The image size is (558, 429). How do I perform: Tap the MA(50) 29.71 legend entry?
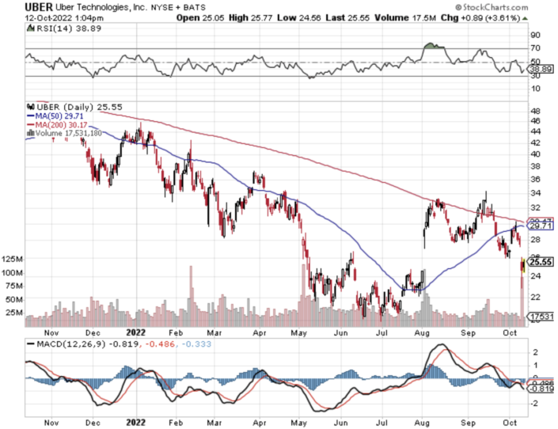coord(63,115)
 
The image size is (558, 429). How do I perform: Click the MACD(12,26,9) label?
coord(63,344)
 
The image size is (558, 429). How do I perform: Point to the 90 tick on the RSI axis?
coord(535,35)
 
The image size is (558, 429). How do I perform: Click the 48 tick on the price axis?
coord(535,111)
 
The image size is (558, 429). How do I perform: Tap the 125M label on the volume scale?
coord(12,260)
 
